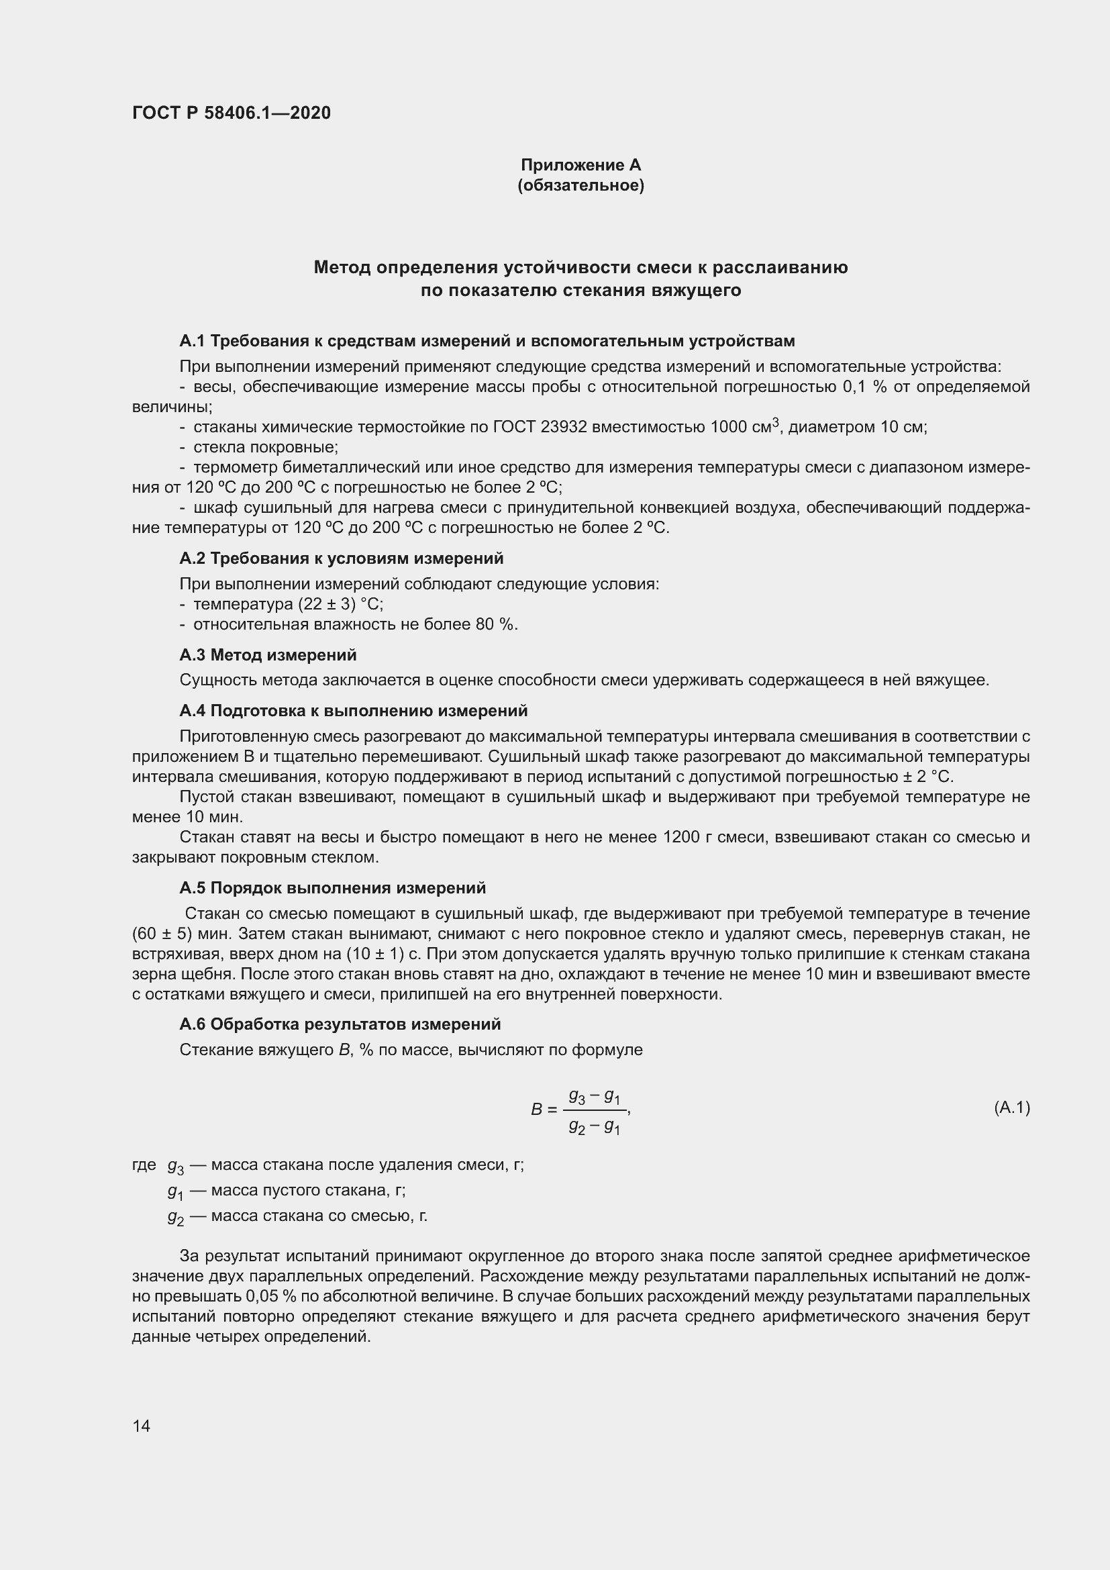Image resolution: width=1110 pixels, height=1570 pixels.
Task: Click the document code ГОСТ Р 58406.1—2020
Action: [x=231, y=113]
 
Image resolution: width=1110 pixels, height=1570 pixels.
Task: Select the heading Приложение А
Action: [x=581, y=165]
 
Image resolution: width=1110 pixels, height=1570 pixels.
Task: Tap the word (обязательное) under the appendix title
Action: [x=581, y=185]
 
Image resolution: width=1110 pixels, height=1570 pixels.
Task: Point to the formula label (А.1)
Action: [x=1011, y=1108]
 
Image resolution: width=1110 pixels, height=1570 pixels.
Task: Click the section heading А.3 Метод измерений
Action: [x=268, y=655]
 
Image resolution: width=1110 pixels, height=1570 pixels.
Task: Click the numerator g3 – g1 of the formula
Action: [x=594, y=1096]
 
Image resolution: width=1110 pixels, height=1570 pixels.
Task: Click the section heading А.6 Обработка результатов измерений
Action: [x=340, y=1024]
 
